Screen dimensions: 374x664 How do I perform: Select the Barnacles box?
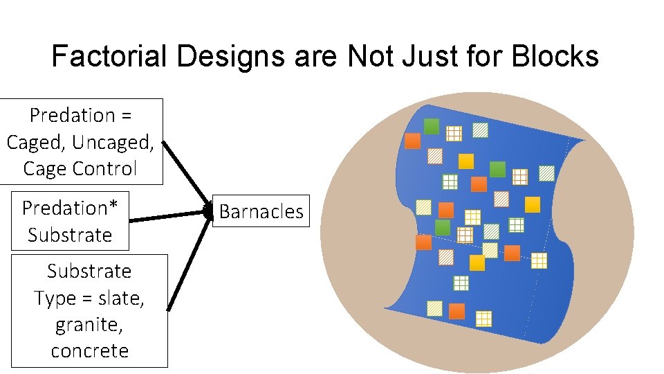[261, 211]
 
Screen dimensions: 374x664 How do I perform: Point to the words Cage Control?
[80, 168]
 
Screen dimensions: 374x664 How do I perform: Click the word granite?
[89, 324]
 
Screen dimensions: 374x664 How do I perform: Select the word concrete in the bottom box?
[89, 350]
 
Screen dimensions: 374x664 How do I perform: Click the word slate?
[122, 298]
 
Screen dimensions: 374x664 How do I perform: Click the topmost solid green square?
[432, 126]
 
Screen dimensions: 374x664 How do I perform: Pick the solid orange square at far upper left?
[412, 141]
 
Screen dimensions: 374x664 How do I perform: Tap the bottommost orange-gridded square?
[484, 318]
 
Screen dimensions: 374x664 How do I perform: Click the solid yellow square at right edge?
[532, 204]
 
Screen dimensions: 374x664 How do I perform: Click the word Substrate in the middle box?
[70, 235]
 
